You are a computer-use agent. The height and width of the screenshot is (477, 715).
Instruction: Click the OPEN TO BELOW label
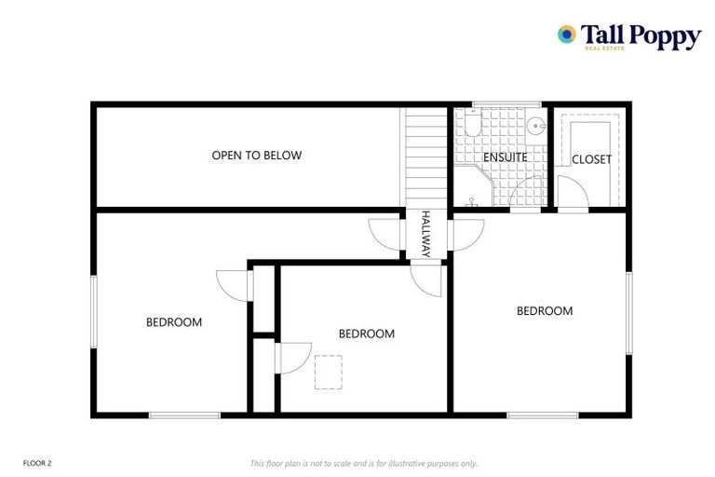coord(257,156)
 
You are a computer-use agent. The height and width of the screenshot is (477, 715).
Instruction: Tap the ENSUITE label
coord(505,157)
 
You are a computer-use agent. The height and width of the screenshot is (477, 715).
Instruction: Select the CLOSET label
coord(591,159)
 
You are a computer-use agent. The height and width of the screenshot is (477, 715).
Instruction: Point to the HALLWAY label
coord(425,234)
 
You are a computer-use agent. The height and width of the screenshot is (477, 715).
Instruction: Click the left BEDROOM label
coord(174,322)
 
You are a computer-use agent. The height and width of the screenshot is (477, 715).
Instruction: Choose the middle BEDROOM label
coord(366,334)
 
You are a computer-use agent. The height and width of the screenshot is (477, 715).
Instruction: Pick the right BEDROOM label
coord(545,311)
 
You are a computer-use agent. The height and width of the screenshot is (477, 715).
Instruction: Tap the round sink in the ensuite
coord(534,127)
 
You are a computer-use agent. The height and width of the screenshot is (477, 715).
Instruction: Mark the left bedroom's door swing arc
coord(229,283)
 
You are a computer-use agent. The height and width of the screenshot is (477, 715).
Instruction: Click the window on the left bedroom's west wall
coord(92,312)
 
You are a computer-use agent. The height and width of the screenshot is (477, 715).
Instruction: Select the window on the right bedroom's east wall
coord(628,313)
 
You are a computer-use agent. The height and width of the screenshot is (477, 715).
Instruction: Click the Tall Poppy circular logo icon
coord(566,34)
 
